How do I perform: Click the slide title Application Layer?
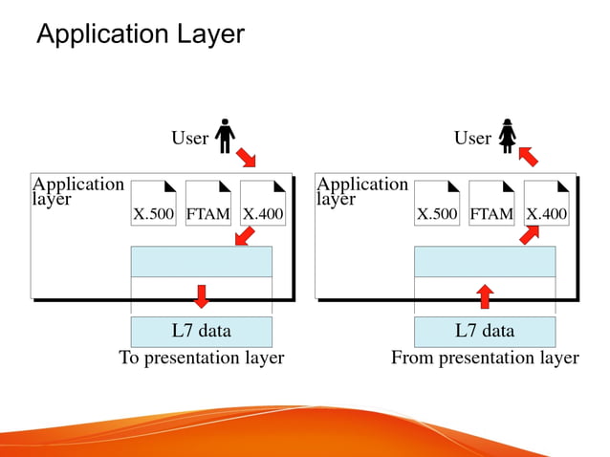click(140, 34)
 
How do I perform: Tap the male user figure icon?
click(225, 136)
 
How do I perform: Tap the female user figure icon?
click(507, 136)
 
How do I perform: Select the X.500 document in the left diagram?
click(153, 203)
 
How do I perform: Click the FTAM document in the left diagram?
click(208, 203)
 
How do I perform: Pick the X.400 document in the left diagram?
click(263, 203)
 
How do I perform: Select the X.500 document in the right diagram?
click(437, 203)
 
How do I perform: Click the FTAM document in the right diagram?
click(491, 203)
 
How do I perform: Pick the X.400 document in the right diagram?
click(547, 203)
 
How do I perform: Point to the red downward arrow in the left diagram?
click(201, 295)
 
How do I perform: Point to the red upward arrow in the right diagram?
click(485, 295)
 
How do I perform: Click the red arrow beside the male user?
click(247, 155)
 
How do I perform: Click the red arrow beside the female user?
click(529, 155)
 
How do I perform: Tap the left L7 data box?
click(201, 332)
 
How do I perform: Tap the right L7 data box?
click(485, 332)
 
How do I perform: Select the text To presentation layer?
click(201, 358)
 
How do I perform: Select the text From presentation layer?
click(485, 358)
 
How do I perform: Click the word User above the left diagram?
click(189, 139)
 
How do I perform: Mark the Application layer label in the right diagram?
click(362, 191)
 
